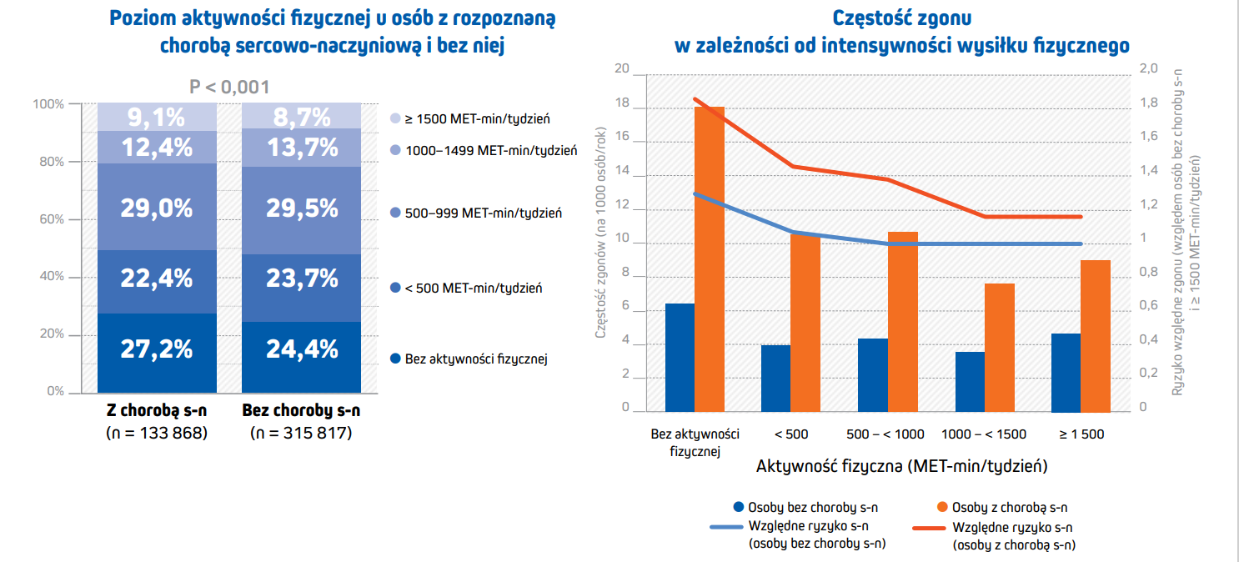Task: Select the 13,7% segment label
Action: tap(302, 148)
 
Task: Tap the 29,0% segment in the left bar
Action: tap(157, 208)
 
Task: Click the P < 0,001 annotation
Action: tap(229, 88)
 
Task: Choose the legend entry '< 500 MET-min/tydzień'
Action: tap(474, 289)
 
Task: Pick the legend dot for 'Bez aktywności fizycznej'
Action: tap(395, 359)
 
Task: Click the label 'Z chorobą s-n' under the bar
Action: tap(157, 412)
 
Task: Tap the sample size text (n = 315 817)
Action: tap(301, 433)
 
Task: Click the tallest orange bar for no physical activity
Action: tap(710, 258)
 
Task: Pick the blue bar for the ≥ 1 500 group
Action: tap(1066, 373)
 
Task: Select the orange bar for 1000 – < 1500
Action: tap(1000, 348)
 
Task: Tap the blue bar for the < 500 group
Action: tap(776, 379)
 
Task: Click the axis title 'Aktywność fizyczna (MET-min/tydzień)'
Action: tap(901, 466)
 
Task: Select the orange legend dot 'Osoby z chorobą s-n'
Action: tap(942, 507)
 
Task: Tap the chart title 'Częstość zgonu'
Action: tap(902, 18)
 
